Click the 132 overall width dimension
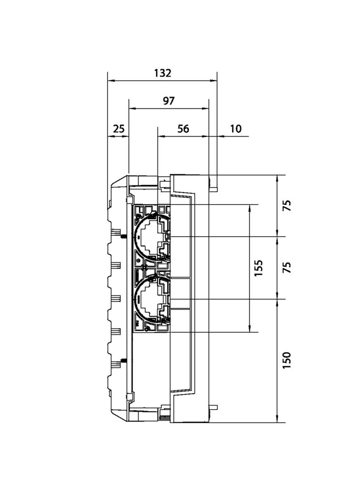click(x=162, y=73)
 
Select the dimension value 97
click(x=169, y=101)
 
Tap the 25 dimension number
click(x=118, y=129)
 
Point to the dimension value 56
click(x=183, y=129)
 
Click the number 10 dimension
click(x=235, y=129)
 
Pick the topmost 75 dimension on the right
click(x=287, y=205)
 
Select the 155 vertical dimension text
click(x=259, y=268)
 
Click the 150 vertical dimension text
click(x=287, y=361)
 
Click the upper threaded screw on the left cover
click(x=124, y=237)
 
